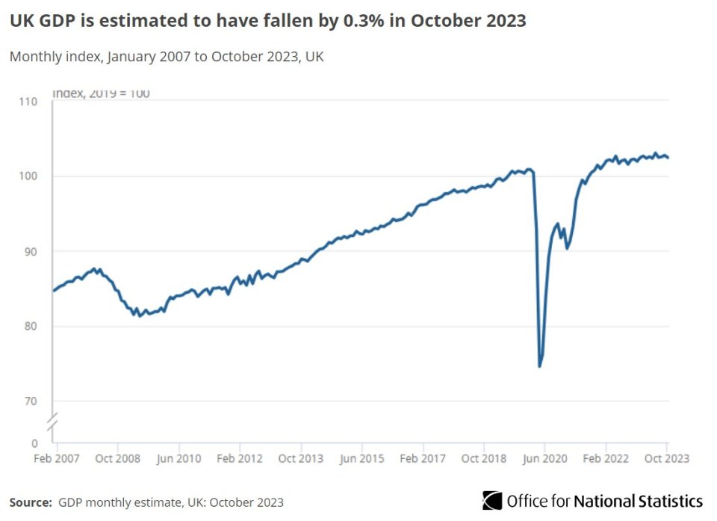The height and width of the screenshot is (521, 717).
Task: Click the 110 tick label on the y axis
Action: tap(28, 101)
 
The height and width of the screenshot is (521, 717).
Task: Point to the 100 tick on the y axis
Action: tap(28, 176)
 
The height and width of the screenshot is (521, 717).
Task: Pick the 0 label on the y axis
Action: tap(34, 443)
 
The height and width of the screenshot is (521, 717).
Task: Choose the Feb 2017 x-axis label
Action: tap(423, 458)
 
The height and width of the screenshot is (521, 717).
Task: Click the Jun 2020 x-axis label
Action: tap(544, 458)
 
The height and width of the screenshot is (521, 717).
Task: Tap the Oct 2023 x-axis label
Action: tap(666, 458)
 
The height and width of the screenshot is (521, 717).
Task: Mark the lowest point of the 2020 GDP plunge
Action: tap(539, 366)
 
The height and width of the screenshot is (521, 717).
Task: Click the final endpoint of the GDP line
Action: tap(667, 157)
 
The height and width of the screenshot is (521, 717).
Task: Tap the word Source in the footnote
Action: tap(31, 502)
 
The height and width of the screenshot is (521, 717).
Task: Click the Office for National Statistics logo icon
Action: tap(492, 500)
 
